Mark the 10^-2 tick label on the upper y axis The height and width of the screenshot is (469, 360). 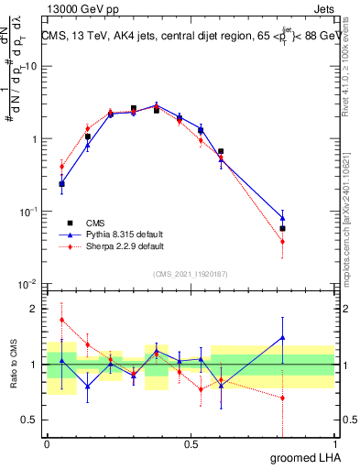30,283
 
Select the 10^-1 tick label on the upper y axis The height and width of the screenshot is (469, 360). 30,211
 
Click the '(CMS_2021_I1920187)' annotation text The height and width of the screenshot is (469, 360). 191,274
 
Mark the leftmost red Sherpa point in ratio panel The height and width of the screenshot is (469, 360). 61,320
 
